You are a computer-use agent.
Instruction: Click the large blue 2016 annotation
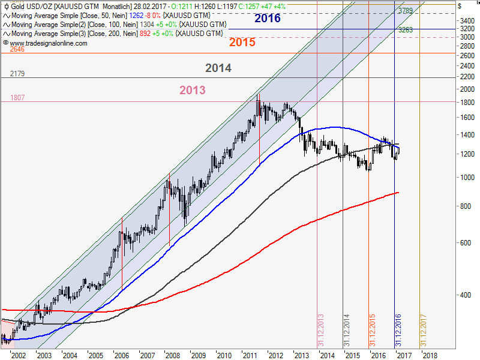[267, 18]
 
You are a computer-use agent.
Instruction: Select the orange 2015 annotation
[242, 43]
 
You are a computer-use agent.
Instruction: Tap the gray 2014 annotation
[218, 68]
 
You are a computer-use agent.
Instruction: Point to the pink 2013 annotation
[192, 90]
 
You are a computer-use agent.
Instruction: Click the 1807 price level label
[17, 97]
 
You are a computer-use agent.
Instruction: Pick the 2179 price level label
[17, 74]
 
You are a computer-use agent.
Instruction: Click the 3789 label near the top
[405, 11]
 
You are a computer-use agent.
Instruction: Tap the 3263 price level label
[405, 29]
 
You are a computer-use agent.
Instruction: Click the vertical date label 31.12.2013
[321, 329]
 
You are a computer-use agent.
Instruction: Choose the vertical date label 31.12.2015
[373, 329]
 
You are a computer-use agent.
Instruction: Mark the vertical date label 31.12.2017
[424, 329]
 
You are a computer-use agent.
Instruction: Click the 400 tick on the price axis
[466, 295]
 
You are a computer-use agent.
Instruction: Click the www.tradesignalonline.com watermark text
[48, 43]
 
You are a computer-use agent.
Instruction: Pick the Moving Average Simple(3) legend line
[114, 34]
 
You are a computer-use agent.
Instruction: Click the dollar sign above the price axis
[459, 5]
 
